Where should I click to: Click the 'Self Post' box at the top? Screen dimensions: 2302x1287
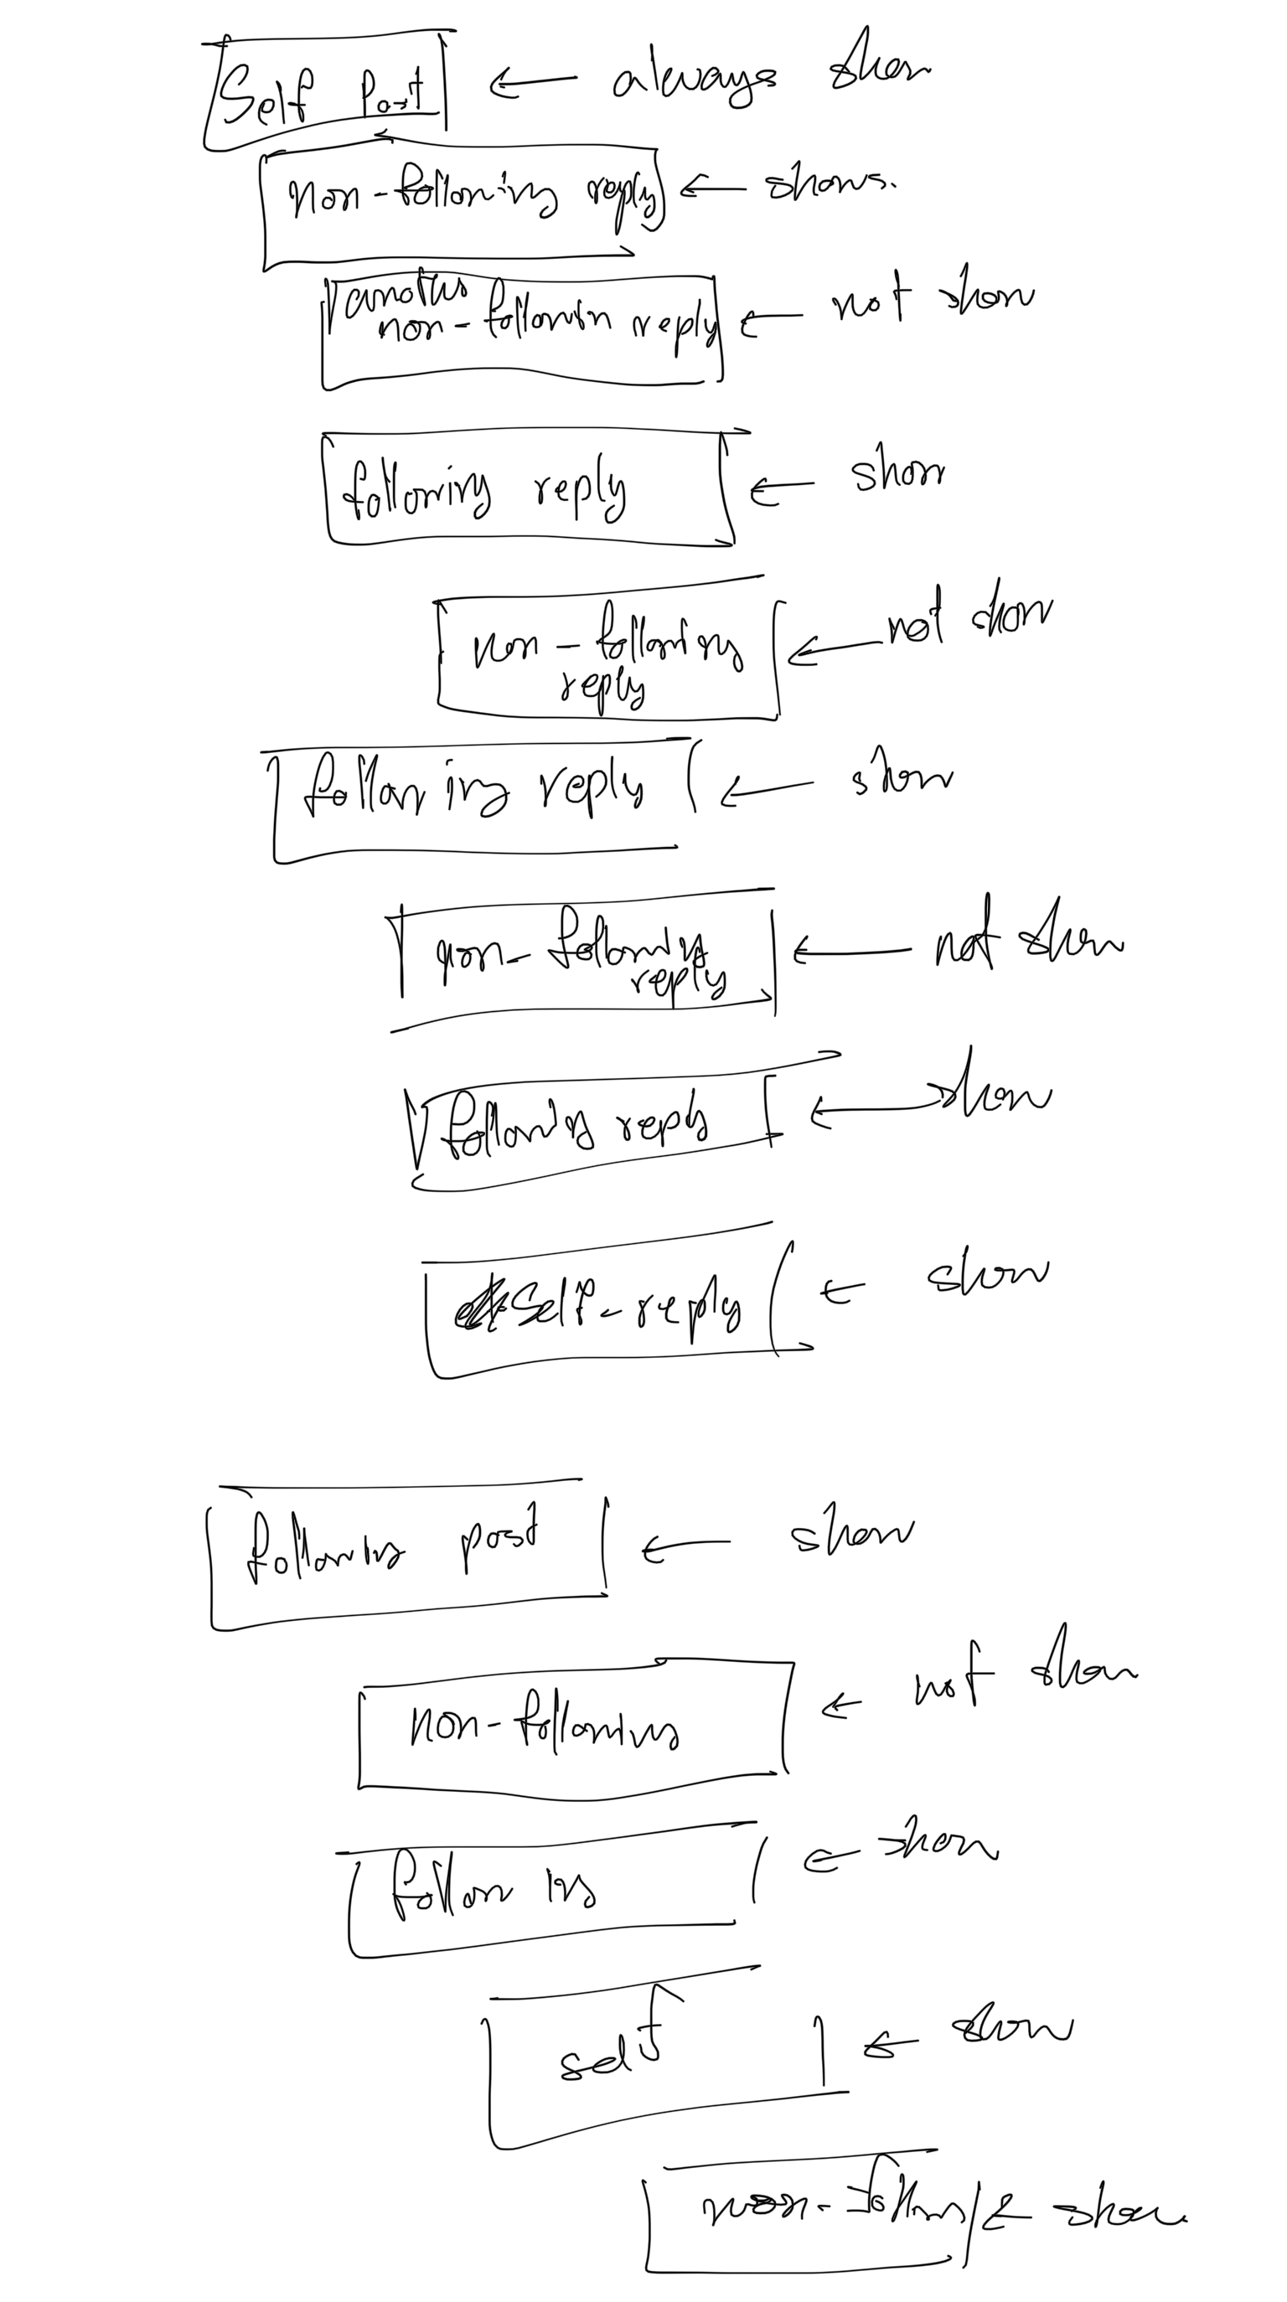(x=326, y=94)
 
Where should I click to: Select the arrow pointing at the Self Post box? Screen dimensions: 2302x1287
(x=533, y=82)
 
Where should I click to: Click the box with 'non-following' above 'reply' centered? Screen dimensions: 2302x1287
(x=607, y=659)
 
